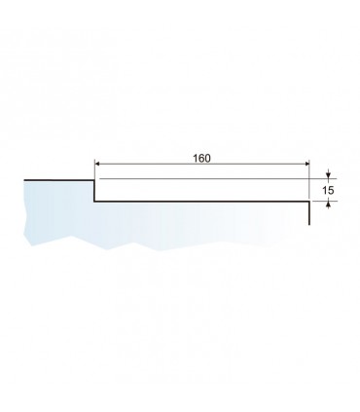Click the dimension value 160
click(201, 158)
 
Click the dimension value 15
click(328, 190)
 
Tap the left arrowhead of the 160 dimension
click(96, 165)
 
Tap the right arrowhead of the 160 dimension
click(306, 165)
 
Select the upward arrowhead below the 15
click(328, 204)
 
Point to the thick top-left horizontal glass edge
click(59, 180)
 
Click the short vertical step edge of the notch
click(94, 191)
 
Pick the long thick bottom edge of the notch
click(202, 202)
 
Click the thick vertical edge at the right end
click(309, 213)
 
